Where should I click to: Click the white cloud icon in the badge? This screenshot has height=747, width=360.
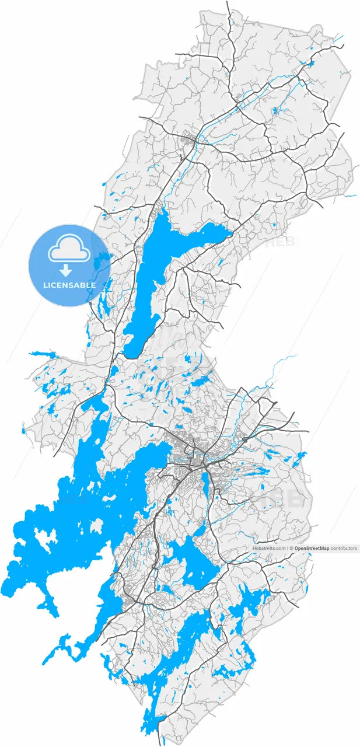(69, 250)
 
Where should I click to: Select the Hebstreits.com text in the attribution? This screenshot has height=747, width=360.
(269, 549)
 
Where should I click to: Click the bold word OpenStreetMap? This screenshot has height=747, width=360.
(312, 549)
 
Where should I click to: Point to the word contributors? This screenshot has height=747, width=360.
(344, 549)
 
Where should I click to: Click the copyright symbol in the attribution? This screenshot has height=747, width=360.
(292, 549)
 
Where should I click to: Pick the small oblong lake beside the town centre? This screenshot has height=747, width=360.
(205, 481)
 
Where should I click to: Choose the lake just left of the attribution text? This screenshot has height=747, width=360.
(193, 560)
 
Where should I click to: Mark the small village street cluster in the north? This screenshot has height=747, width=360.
(188, 140)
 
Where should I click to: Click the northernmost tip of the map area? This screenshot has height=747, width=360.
(228, 2)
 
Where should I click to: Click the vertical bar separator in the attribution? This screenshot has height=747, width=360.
(288, 549)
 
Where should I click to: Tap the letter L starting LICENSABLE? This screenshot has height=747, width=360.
(46, 285)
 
